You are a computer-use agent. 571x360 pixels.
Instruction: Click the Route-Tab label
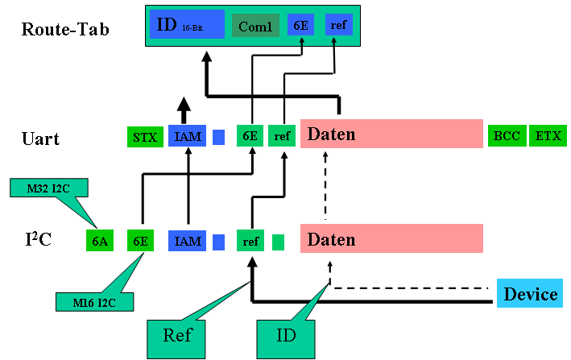point(65,30)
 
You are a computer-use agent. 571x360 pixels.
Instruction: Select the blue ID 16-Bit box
point(187,26)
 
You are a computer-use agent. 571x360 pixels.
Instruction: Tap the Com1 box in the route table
point(255,26)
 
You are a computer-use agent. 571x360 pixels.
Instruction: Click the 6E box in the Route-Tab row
point(301,26)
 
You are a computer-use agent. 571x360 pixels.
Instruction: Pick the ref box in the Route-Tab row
point(339,25)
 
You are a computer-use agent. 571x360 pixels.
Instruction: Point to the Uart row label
point(40,138)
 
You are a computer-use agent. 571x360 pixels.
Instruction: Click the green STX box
point(145,137)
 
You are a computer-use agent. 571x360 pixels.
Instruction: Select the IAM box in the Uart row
point(188,137)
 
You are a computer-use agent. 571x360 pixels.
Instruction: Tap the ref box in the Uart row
point(282,137)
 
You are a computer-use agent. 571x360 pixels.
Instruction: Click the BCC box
point(507,136)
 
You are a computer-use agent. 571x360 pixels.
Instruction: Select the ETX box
point(548,136)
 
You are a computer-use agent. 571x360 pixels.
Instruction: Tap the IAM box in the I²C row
point(188,240)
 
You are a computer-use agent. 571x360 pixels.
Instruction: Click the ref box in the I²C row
point(250,240)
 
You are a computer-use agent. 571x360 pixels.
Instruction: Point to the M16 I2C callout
point(93,301)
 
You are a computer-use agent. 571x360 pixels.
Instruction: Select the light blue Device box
point(530,294)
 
